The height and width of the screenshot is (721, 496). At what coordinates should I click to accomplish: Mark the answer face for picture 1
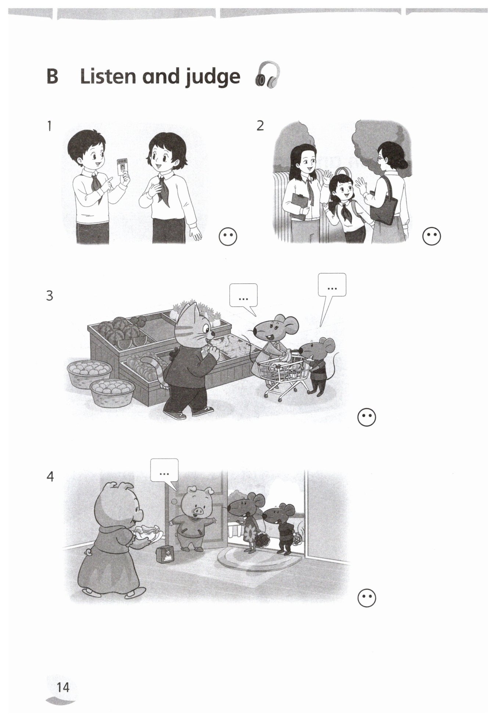(228, 237)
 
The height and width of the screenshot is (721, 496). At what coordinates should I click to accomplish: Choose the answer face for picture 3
(367, 417)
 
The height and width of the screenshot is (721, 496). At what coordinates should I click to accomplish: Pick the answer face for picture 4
(367, 599)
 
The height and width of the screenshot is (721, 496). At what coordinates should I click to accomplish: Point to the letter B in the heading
(52, 76)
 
